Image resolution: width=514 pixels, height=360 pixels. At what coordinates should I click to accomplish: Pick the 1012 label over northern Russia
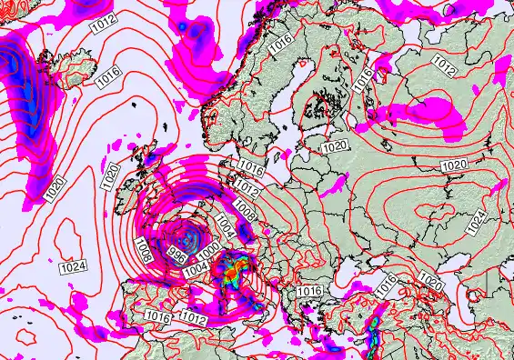click(x=445, y=65)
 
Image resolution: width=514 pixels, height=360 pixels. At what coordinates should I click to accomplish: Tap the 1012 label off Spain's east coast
click(x=192, y=318)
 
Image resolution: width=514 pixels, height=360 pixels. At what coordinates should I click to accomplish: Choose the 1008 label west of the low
click(x=143, y=246)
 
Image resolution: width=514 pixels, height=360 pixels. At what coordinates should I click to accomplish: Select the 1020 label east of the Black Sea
click(x=430, y=283)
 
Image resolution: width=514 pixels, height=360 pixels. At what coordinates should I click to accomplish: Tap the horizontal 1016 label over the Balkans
click(x=309, y=290)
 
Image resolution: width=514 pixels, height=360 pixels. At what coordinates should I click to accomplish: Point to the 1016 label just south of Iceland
click(x=108, y=79)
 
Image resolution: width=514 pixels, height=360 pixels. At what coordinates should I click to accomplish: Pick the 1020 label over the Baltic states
click(x=335, y=145)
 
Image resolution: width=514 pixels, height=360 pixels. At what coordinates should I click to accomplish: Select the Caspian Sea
click(x=496, y=300)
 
